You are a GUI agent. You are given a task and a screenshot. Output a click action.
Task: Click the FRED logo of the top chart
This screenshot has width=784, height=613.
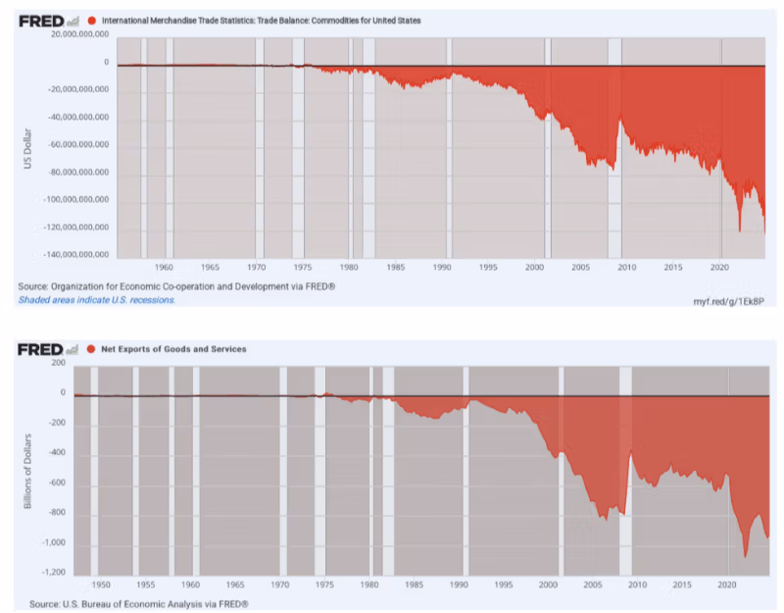click(x=41, y=21)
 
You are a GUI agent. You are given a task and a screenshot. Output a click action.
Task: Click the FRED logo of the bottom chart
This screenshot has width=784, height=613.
click(x=41, y=349)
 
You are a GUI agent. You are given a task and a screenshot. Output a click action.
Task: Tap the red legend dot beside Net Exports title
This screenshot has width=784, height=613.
click(x=91, y=349)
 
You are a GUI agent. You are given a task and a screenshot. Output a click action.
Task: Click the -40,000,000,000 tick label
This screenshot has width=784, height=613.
click(x=73, y=117)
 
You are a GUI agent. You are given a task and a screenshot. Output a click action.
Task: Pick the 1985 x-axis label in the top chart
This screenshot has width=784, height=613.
click(x=396, y=267)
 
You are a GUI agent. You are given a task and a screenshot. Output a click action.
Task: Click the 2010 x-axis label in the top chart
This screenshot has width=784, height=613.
click(x=627, y=267)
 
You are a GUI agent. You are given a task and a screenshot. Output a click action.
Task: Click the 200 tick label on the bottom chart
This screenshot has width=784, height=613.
click(x=57, y=363)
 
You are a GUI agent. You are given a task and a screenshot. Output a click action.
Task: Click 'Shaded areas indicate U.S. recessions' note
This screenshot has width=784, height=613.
click(x=96, y=299)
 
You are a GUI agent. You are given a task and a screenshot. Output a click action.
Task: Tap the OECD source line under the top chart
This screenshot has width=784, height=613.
click(x=176, y=286)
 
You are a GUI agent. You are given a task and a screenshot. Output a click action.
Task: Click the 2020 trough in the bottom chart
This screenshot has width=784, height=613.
click(x=745, y=556)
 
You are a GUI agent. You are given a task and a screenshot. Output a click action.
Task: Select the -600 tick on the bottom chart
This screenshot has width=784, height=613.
click(x=55, y=484)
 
